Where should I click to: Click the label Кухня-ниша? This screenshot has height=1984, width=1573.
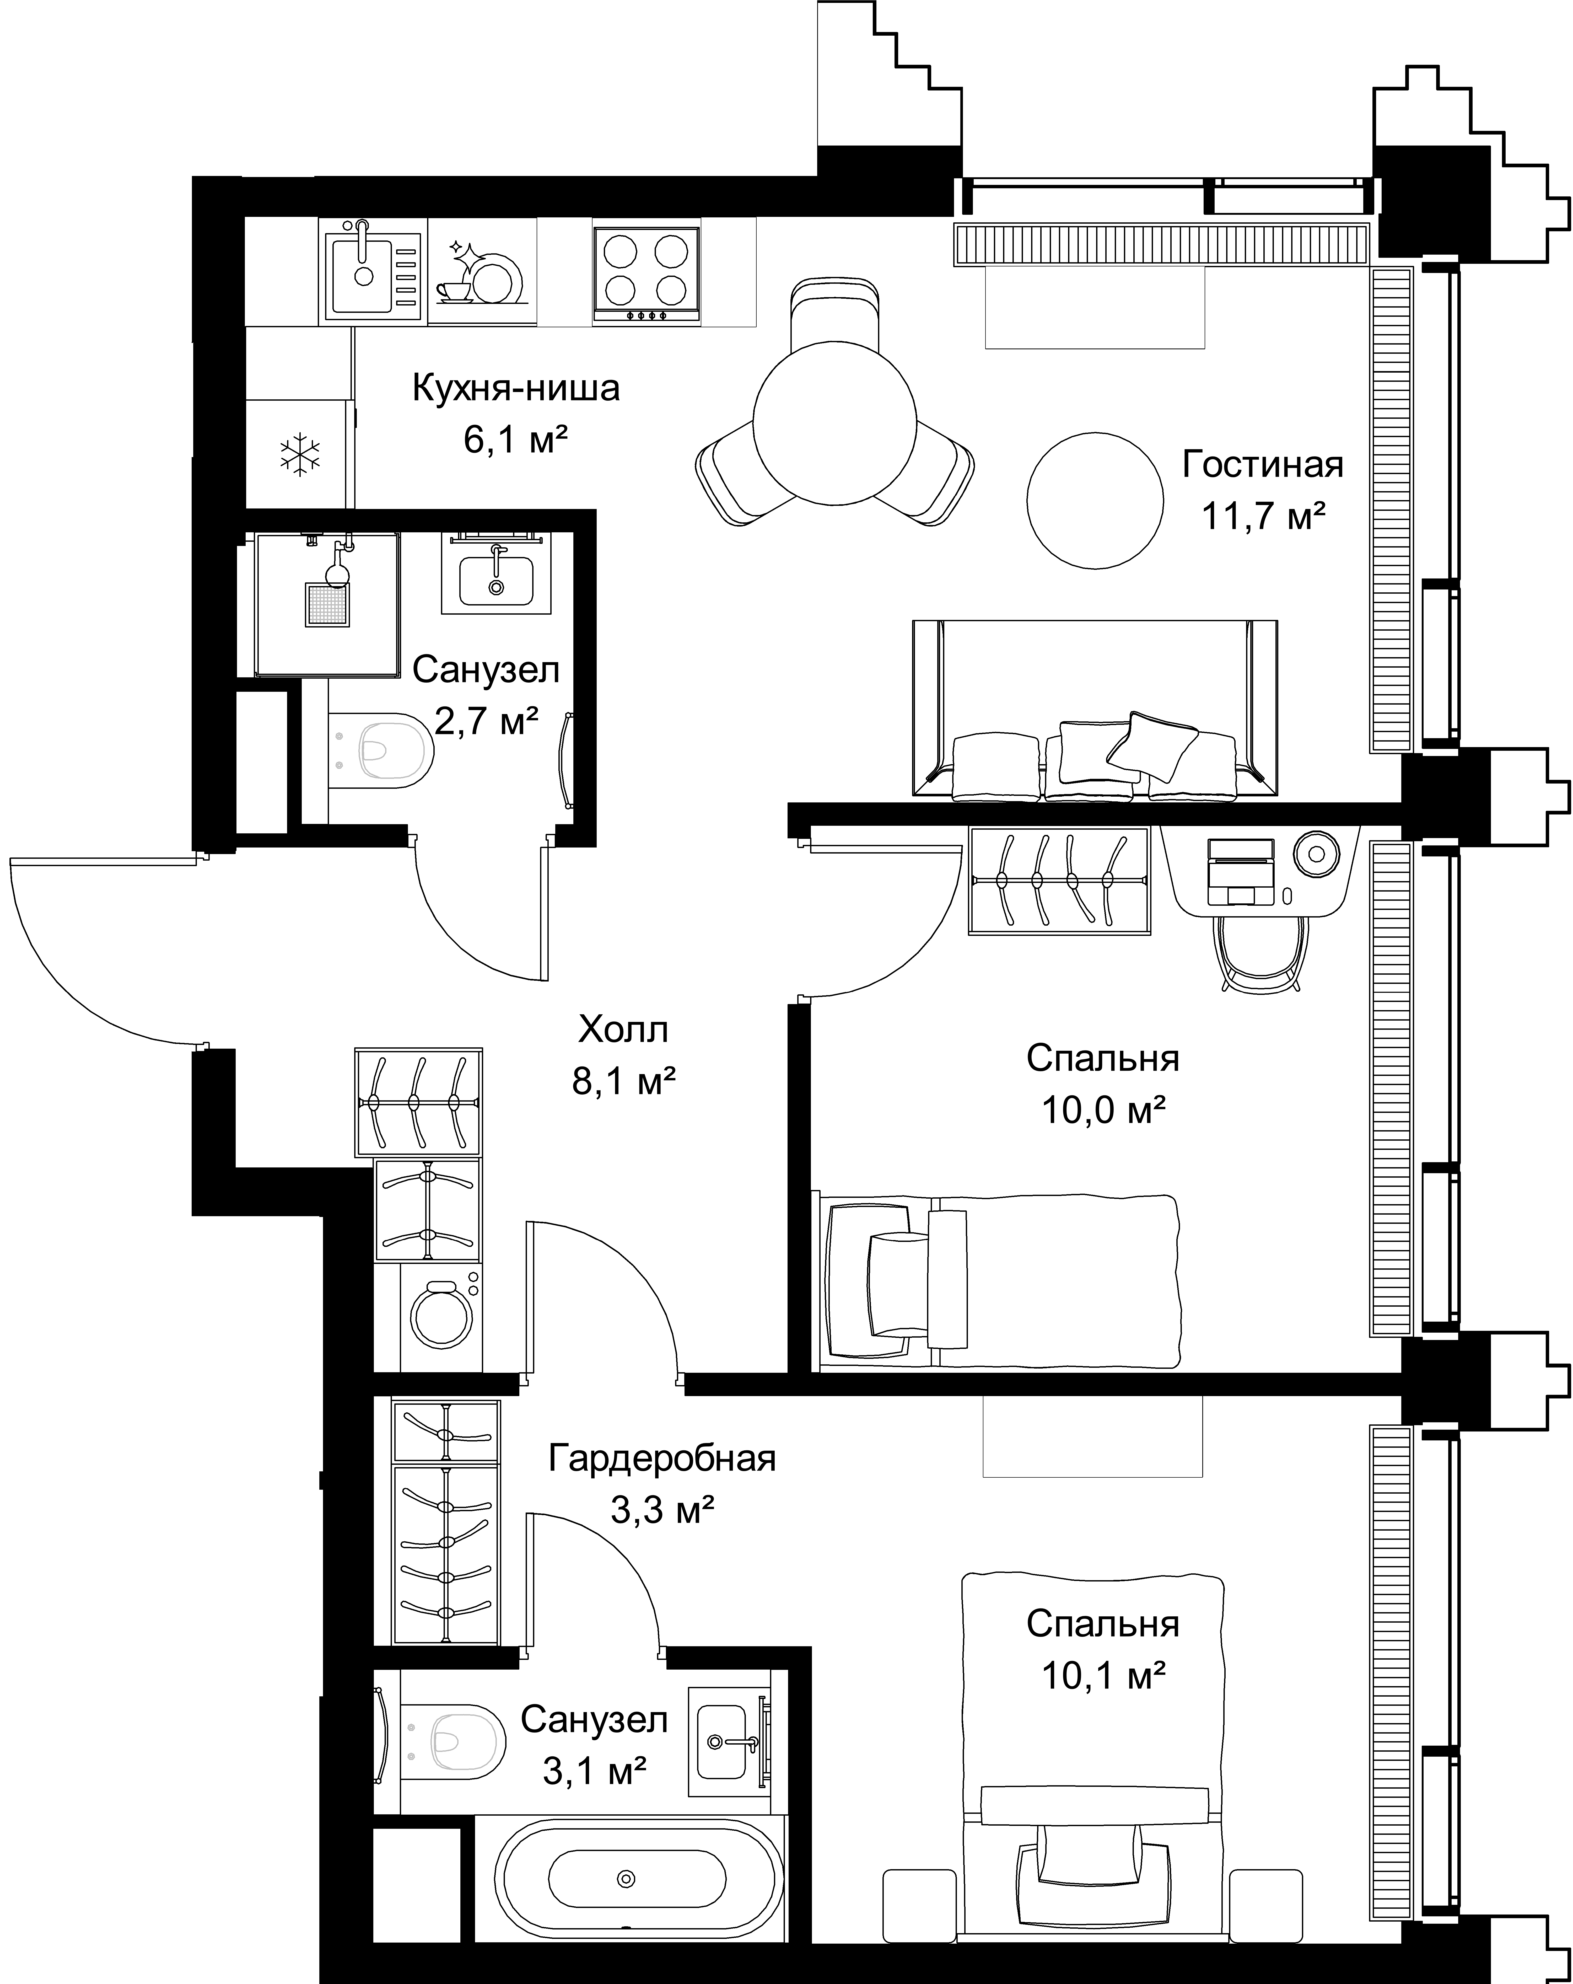click(515, 388)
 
